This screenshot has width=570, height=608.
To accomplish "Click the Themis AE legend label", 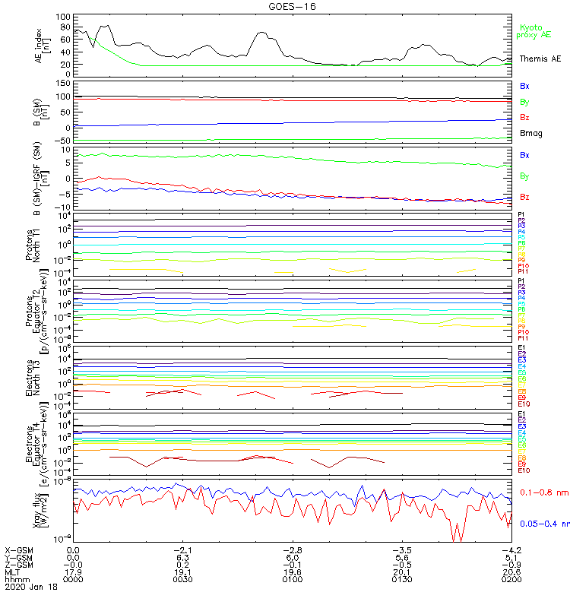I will coord(540,59).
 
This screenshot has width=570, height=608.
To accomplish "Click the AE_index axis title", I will coord(43,44).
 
